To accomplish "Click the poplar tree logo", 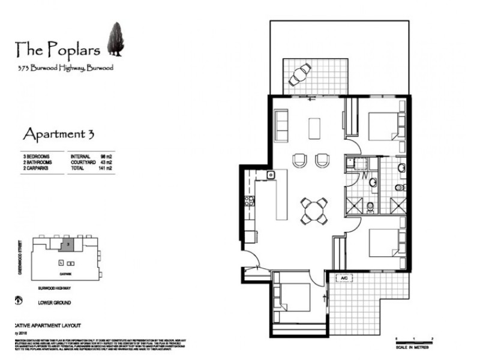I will coord(115,39).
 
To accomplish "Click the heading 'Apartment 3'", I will coord(58,132).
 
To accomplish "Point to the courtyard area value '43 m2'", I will coord(106,162).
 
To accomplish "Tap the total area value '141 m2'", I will coord(106,169).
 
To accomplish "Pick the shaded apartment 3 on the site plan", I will coord(69,245).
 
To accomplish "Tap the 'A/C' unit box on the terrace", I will coord(344,278).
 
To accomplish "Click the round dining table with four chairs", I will coord(314,211).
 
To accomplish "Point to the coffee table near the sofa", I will coord(314,128).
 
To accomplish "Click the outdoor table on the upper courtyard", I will coord(300,75).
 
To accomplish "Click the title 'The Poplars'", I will coord(58,47).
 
